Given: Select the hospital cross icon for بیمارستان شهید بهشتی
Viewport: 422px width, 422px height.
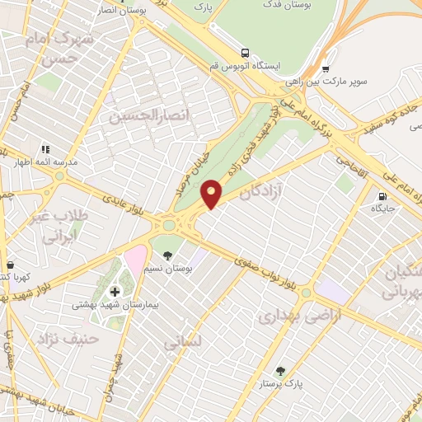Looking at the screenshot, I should tap(115, 291).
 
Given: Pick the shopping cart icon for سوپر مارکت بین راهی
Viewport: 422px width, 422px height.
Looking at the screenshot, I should tap(326, 69).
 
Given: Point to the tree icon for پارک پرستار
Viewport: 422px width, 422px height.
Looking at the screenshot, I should tap(279, 372).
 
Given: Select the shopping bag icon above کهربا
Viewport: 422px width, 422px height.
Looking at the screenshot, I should tap(10, 265).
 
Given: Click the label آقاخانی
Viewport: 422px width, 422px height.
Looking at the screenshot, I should tap(355, 155).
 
